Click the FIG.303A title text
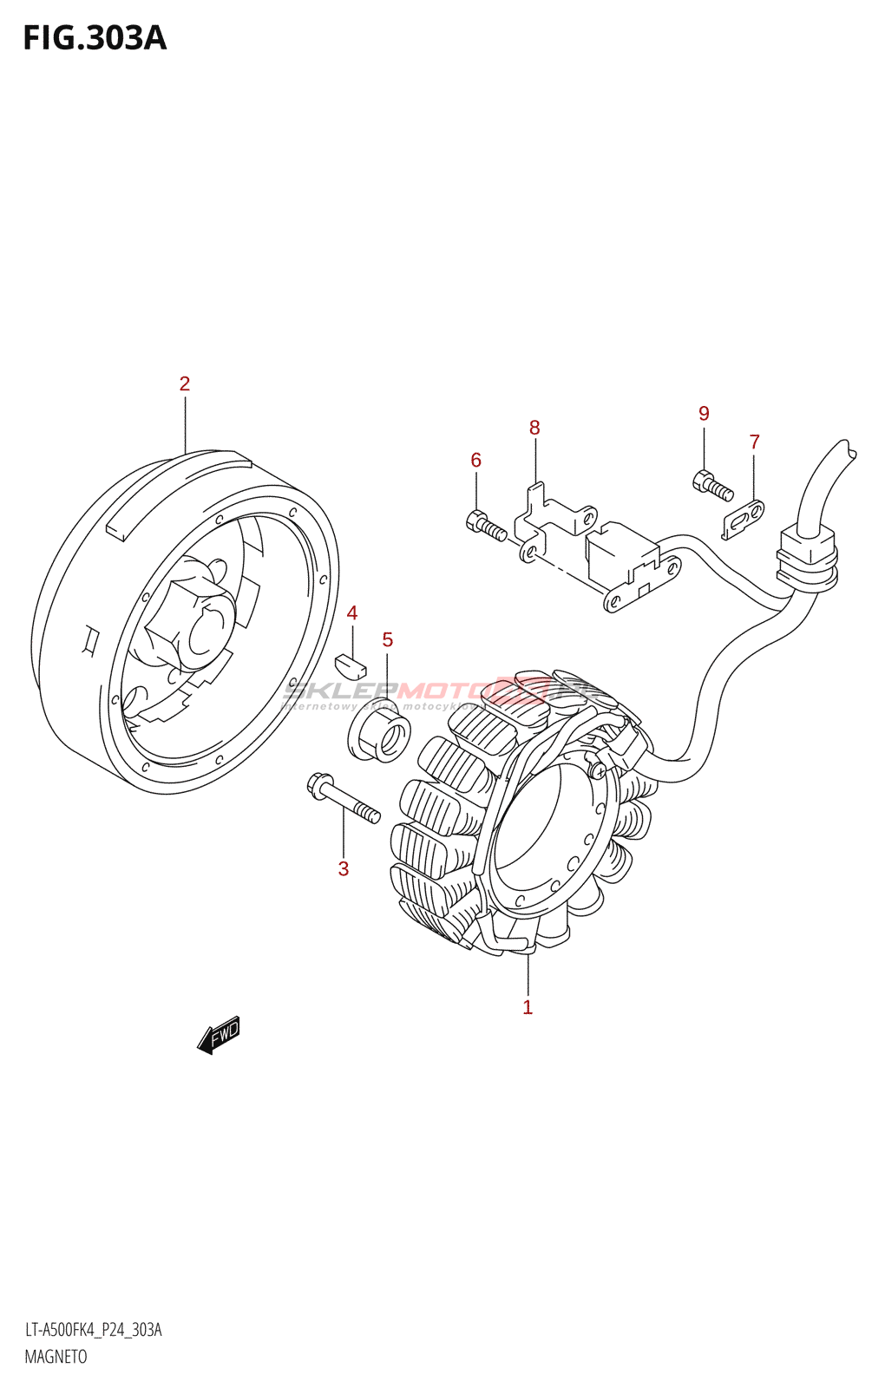click(94, 38)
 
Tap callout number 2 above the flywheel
click(185, 383)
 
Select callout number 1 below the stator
click(528, 1007)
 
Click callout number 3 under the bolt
click(344, 868)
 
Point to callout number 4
click(352, 613)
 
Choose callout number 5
click(388, 640)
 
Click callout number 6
click(475, 460)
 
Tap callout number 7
click(755, 442)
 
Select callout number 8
click(534, 428)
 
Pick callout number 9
click(704, 414)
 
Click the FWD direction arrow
click(219, 1034)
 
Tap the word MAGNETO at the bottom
click(56, 1357)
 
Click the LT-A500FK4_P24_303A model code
click(93, 1330)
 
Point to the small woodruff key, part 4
click(351, 665)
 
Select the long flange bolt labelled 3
click(344, 799)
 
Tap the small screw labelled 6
click(486, 527)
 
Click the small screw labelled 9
click(714, 485)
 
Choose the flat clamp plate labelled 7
click(744, 519)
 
